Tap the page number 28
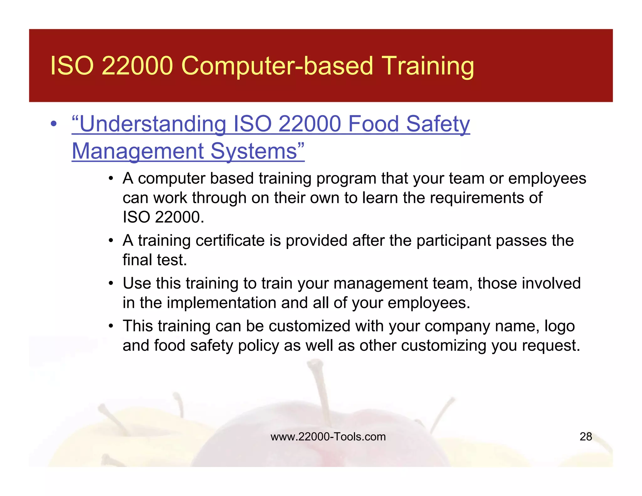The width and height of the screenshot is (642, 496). tap(586, 436)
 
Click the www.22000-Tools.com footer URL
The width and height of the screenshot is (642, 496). tap(328, 436)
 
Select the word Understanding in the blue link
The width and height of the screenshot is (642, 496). tap(149, 124)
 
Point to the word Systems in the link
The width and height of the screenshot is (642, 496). tap(257, 151)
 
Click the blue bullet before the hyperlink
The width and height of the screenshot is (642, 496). tap(54, 124)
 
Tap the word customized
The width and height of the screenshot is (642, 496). tap(309, 326)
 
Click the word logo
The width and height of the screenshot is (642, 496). tap(559, 326)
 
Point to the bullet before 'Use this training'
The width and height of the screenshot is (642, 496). tap(110, 283)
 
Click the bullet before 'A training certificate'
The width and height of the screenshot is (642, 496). tap(110, 241)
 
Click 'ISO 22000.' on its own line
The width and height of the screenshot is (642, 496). tap(163, 217)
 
